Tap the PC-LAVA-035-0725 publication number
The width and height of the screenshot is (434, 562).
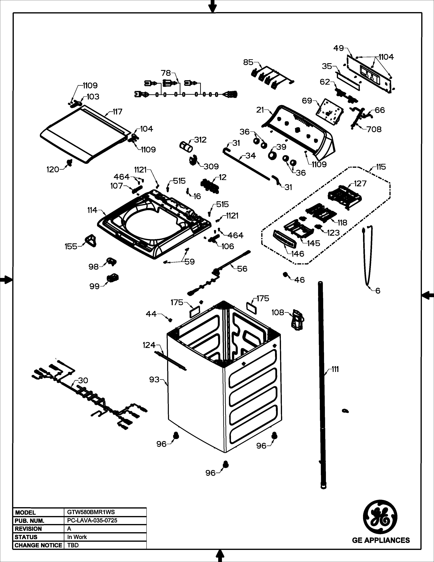pyautogui.click(x=92, y=520)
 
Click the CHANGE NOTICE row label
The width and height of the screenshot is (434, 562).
pyautogui.click(x=38, y=545)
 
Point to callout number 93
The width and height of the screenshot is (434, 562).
pyautogui.click(x=154, y=380)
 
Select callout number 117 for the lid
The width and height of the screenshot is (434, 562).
pyautogui.click(x=117, y=112)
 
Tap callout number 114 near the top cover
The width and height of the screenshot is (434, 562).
pyautogui.click(x=92, y=210)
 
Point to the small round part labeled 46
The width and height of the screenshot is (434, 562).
pyautogui.click(x=285, y=274)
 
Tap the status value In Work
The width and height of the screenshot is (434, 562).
pyautogui.click(x=77, y=537)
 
